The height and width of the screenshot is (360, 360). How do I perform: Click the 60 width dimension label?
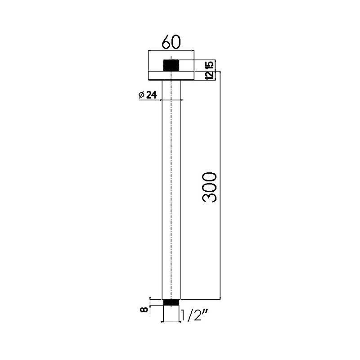point(171,42)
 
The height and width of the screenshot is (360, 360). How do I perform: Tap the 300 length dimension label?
point(209,187)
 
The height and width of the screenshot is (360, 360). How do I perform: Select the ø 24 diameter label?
point(148,94)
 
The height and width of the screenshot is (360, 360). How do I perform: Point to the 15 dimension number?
point(210,64)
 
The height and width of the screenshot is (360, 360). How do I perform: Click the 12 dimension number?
point(210,75)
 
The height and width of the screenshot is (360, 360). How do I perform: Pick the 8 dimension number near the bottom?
point(144,310)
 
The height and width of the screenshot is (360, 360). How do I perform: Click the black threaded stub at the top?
point(171,66)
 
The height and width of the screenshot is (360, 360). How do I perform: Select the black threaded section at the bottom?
point(171,302)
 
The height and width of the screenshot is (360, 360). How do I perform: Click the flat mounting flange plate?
point(171,76)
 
